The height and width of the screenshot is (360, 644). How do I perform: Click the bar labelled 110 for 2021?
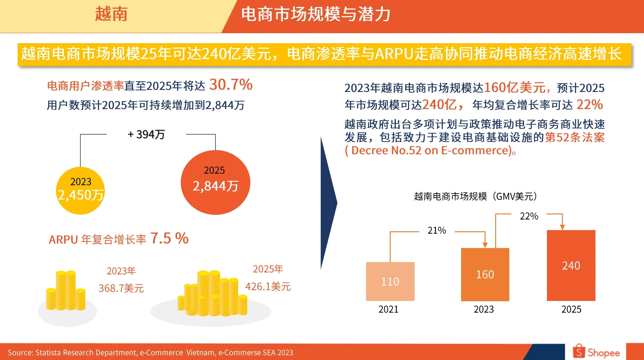coord(390,281)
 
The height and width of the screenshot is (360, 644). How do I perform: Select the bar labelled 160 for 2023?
coord(485,274)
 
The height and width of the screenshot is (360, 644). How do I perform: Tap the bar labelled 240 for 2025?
coord(571,265)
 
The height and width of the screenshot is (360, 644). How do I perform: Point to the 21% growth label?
coord(437,230)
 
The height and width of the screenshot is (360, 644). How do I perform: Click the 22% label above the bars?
coord(529,216)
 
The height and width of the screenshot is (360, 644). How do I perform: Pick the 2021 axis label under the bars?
coord(388,309)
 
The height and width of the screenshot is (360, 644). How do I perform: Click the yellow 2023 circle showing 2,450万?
coord(80,190)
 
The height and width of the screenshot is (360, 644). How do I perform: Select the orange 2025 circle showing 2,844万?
coord(215,182)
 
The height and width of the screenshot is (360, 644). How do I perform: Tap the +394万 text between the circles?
coord(146,134)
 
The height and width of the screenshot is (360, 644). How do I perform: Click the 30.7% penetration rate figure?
coord(231,85)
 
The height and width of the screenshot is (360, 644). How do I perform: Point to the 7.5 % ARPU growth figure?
coord(169,238)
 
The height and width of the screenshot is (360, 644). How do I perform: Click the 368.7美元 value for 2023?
coord(121,288)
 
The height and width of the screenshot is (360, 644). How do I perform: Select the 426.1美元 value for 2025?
coord(268,287)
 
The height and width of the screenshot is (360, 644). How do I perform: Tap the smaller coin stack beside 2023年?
coord(66,291)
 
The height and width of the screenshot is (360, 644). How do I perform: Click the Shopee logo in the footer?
coord(596,352)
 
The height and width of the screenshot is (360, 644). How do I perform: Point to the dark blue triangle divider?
coord(328,203)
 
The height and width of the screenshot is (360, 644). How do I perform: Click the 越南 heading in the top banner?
coord(111,14)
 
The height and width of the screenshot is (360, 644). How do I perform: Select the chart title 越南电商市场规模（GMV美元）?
coord(476,196)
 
